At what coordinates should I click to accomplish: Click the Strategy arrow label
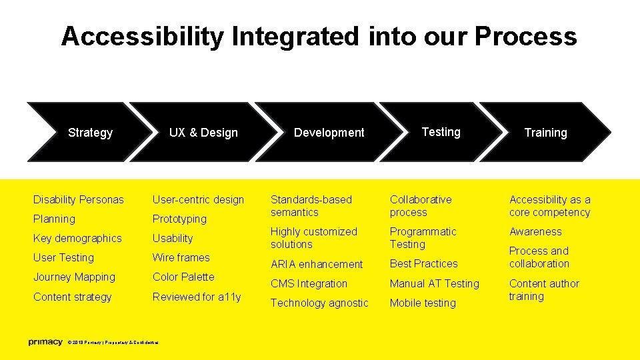(90, 133)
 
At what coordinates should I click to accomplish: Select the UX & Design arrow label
(203, 133)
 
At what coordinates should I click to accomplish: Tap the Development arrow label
(329, 133)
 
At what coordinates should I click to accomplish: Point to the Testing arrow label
(441, 132)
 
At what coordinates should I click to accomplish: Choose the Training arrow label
(545, 133)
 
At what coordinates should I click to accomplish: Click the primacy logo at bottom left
(45, 343)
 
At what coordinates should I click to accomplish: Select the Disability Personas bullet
(79, 199)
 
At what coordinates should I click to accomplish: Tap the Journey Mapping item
(74, 277)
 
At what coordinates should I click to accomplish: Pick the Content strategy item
(73, 297)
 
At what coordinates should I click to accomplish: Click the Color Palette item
(183, 277)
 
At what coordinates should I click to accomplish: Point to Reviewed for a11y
(197, 297)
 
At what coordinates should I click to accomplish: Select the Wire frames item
(181, 257)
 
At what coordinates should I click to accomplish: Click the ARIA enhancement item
(317, 264)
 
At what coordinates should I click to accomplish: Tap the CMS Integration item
(309, 283)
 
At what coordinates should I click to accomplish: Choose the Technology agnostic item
(319, 303)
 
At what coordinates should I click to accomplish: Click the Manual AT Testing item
(434, 283)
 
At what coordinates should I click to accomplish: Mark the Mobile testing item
(423, 303)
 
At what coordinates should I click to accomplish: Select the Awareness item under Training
(535, 231)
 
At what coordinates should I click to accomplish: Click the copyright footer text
(113, 343)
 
